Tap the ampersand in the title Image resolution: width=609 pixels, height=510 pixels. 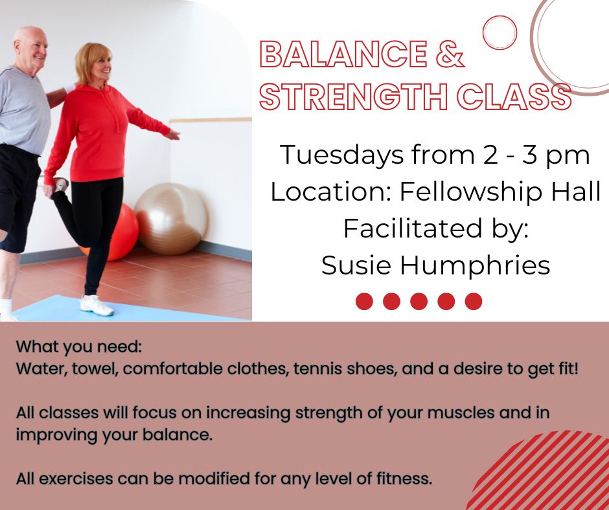(x=450, y=54)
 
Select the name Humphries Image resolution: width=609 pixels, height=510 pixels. (x=475, y=266)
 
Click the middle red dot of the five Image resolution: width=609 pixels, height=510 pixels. (x=419, y=301)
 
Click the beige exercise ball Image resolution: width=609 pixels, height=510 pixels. (x=171, y=219)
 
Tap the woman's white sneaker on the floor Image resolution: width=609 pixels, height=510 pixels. (x=97, y=305)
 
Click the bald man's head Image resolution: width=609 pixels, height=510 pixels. (x=30, y=46)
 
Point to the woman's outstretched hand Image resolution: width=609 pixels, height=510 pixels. (x=172, y=135)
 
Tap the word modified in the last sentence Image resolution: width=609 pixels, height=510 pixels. (x=214, y=478)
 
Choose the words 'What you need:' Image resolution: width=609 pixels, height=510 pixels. (x=79, y=348)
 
